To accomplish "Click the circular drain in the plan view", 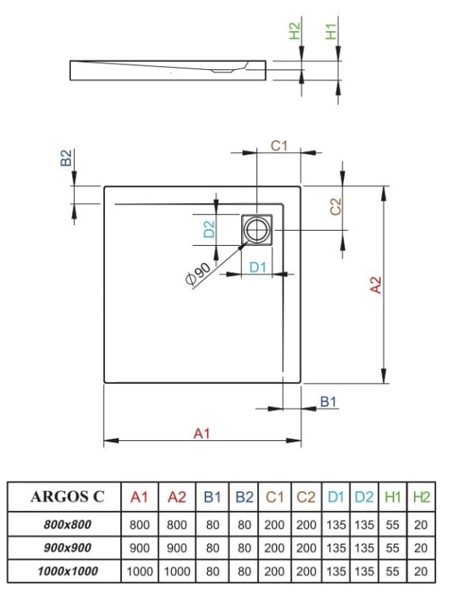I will [257, 231].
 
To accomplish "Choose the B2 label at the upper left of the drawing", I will [67, 158].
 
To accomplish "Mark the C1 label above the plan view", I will [279, 146].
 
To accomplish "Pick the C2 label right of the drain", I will [335, 206].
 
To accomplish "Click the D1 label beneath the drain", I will [257, 267].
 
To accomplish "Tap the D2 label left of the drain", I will [209, 230].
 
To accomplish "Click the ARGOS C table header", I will [67, 497].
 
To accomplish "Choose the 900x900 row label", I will [67, 548].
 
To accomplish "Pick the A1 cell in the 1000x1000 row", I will [140, 571].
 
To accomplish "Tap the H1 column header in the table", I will [392, 497].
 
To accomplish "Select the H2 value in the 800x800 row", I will [421, 525].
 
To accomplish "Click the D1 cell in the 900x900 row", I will [335, 548].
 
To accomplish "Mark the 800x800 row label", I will [67, 525].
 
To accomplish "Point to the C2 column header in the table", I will [306, 497].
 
